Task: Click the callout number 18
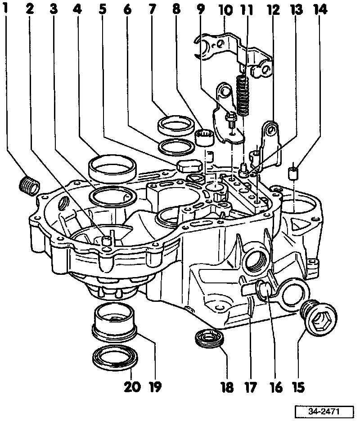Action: [227, 387]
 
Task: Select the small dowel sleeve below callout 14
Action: [293, 172]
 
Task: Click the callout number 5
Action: [103, 9]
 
